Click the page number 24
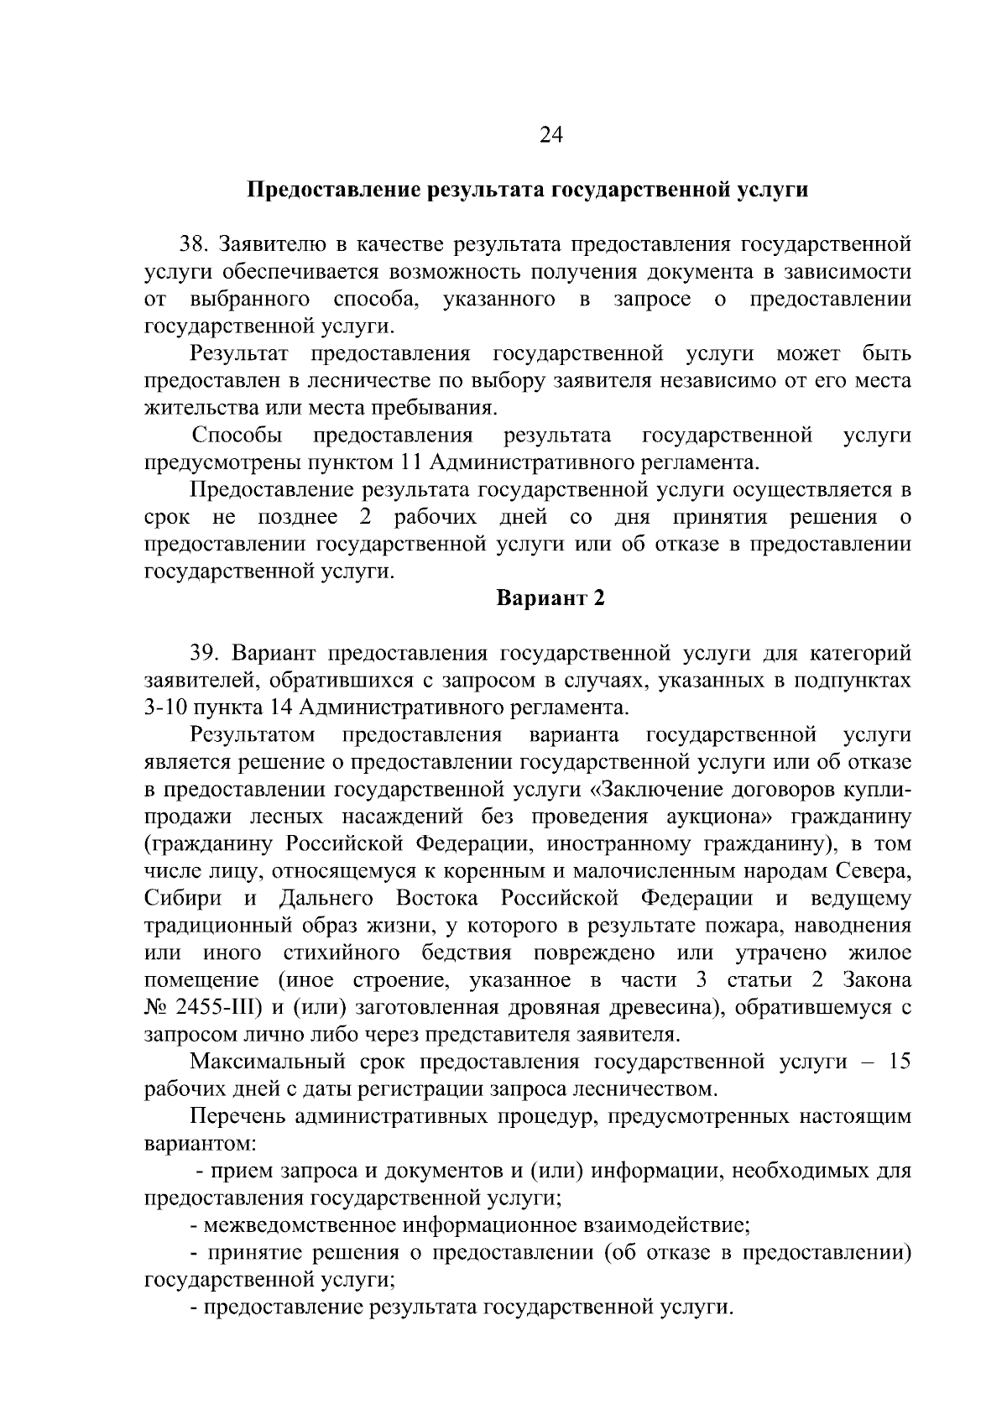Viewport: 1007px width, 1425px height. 550,136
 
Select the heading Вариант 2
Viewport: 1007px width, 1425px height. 550,598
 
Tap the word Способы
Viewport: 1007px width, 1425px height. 237,435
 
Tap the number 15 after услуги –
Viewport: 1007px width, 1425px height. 899,1062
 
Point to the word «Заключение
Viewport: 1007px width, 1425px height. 659,789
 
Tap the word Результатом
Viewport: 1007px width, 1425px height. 253,735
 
